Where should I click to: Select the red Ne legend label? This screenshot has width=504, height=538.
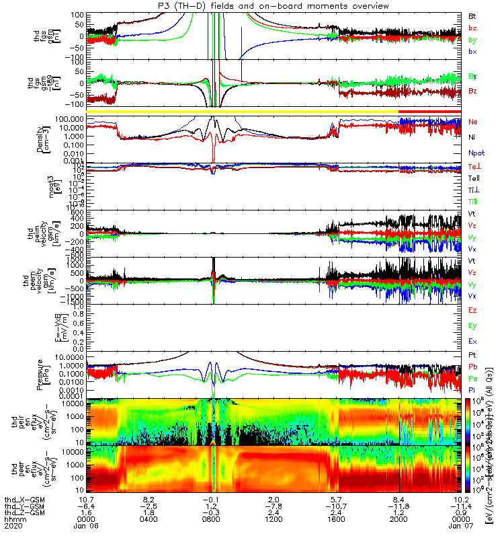(x=474, y=122)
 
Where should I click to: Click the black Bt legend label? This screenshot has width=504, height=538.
(x=473, y=15)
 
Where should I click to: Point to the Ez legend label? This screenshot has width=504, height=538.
(x=473, y=310)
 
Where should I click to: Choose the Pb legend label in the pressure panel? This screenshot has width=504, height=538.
(x=474, y=367)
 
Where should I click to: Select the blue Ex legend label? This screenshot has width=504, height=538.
(x=473, y=342)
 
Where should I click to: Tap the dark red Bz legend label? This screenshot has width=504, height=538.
(x=474, y=91)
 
